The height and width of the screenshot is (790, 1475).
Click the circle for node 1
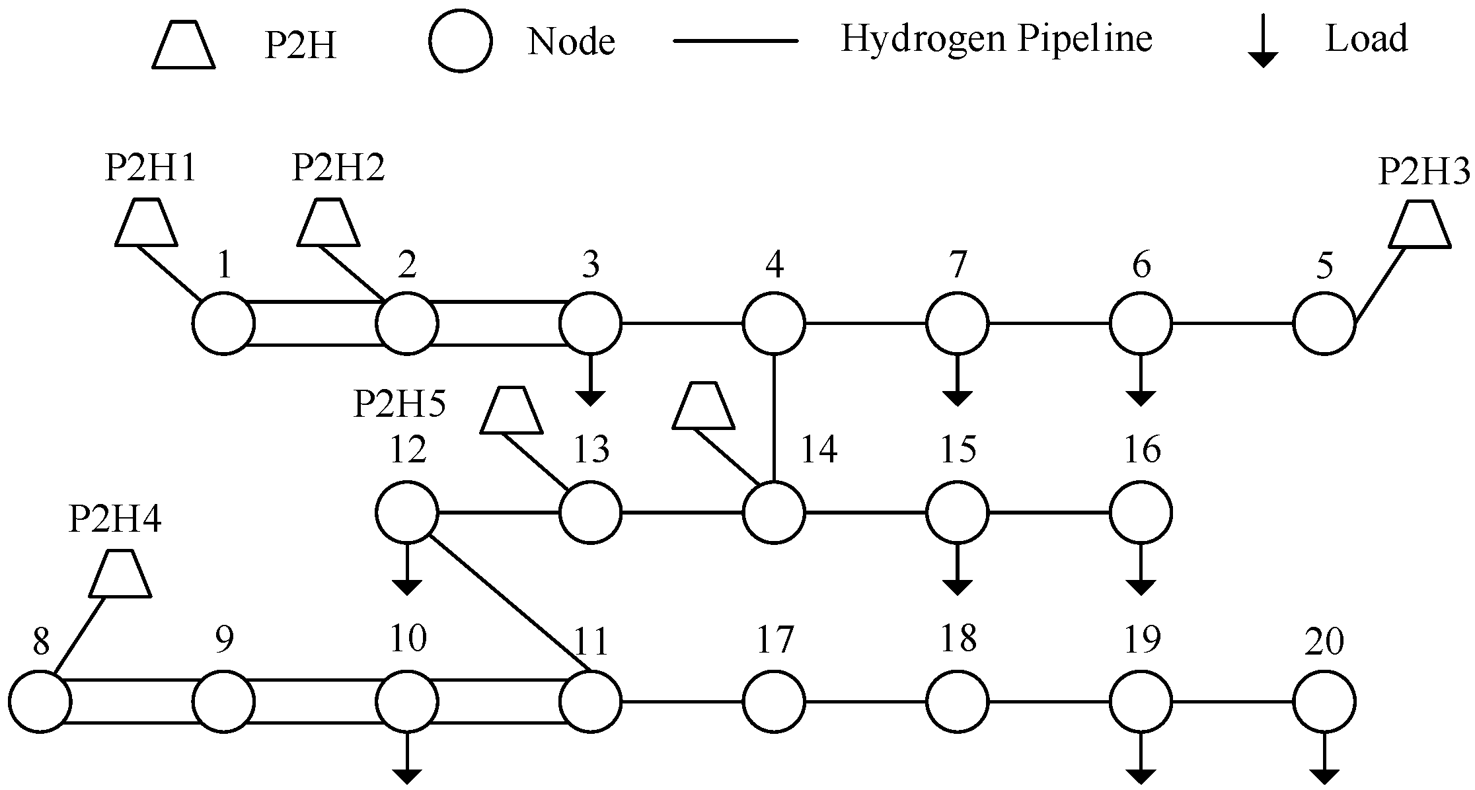[223, 324]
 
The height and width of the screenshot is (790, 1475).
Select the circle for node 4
[774, 324]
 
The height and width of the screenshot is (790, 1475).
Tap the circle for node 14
[774, 512]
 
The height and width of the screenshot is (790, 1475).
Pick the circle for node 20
[1324, 701]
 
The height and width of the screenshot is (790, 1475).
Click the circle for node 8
[40, 701]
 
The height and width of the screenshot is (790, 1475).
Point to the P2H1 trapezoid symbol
[146, 223]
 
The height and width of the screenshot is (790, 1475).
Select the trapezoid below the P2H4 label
[120, 573]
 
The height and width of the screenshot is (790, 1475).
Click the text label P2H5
[400, 404]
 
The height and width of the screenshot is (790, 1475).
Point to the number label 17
[774, 639]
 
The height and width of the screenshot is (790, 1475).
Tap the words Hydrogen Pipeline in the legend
[996, 39]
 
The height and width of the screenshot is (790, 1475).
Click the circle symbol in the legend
[461, 40]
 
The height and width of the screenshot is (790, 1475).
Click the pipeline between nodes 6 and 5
[1232, 324]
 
